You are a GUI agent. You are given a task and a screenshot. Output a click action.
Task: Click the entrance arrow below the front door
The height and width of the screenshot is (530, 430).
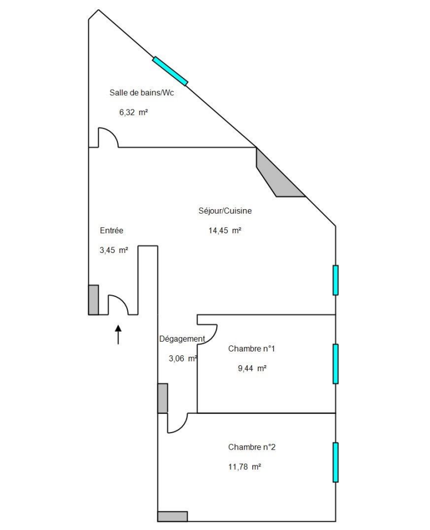click(118, 335)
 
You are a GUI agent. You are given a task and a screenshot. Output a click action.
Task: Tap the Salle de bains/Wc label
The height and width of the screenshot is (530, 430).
click(142, 93)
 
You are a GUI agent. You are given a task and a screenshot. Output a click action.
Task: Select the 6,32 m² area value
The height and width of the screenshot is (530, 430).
click(133, 112)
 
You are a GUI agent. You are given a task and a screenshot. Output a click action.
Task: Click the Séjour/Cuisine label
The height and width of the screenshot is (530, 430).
click(225, 211)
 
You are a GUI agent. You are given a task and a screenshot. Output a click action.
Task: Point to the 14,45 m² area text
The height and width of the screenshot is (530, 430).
click(225, 231)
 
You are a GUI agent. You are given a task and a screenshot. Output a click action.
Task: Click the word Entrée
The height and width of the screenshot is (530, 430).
click(111, 231)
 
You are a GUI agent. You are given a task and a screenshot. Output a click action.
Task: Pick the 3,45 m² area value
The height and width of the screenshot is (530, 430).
click(114, 250)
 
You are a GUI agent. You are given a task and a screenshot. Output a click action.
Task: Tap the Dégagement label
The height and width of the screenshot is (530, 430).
click(182, 339)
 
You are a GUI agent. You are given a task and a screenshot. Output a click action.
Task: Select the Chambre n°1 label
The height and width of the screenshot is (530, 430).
click(252, 348)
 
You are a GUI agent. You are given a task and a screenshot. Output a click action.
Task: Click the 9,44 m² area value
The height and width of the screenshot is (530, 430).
click(252, 368)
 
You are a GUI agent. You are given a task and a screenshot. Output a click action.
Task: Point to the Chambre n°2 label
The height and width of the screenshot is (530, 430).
click(252, 447)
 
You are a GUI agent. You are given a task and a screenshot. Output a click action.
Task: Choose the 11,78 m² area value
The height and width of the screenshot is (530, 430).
click(245, 467)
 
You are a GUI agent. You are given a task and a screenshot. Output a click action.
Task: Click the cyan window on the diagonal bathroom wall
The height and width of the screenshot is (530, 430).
click(170, 71)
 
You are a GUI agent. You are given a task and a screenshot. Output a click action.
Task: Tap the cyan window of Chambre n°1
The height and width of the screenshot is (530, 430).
click(336, 364)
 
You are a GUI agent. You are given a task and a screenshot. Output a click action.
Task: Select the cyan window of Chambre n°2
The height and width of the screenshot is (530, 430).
click(336, 463)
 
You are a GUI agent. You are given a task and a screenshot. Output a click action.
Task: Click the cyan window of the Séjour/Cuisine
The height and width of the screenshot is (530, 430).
click(336, 280)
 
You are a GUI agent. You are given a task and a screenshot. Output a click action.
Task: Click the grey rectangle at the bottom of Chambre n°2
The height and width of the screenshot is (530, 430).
click(173, 516)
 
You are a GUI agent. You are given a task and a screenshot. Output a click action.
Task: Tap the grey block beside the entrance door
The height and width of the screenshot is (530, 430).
click(93, 300)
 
